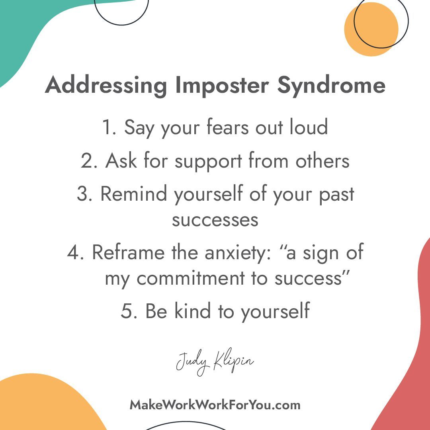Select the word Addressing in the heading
[x=106, y=85]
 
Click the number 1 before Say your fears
[x=107, y=127]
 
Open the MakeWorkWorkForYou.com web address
[x=215, y=405]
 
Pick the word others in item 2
[x=322, y=161]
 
